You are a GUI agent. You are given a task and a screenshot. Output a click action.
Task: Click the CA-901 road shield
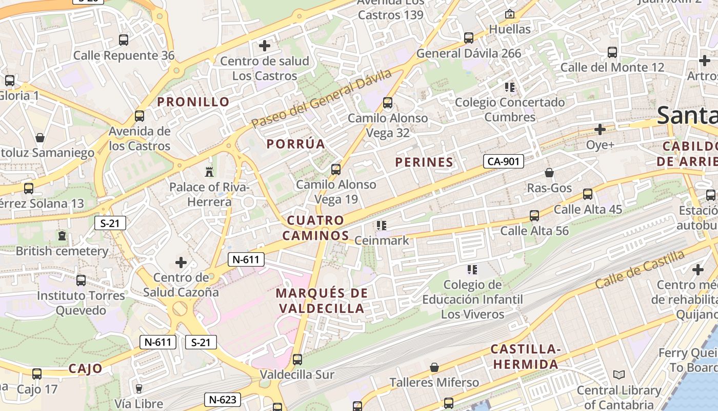503,161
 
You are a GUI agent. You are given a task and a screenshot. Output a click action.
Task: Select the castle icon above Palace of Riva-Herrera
209,171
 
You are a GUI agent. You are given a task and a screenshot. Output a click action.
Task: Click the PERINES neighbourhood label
424,162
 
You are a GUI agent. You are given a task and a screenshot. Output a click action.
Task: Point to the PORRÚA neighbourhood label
296,144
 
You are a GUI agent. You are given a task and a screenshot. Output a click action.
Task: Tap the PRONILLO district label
193,102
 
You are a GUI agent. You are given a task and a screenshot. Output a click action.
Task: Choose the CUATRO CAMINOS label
316,228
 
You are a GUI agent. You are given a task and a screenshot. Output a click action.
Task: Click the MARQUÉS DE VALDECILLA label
322,301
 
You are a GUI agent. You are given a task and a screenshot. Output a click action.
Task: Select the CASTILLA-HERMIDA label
525,357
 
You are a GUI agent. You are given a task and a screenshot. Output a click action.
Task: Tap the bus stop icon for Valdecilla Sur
297,360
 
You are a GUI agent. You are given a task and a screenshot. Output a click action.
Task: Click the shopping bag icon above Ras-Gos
549,173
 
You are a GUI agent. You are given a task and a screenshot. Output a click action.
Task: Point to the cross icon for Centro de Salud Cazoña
181,263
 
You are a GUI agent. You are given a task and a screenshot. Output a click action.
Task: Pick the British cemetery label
62,251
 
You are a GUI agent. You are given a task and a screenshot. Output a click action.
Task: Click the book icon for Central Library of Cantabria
619,375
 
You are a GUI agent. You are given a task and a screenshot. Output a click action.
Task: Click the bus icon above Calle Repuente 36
123,40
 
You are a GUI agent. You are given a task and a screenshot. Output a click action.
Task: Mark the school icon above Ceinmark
381,225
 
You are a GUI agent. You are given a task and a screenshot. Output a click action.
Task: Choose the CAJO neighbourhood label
85,368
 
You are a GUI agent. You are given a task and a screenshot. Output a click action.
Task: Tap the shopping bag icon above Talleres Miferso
434,367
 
